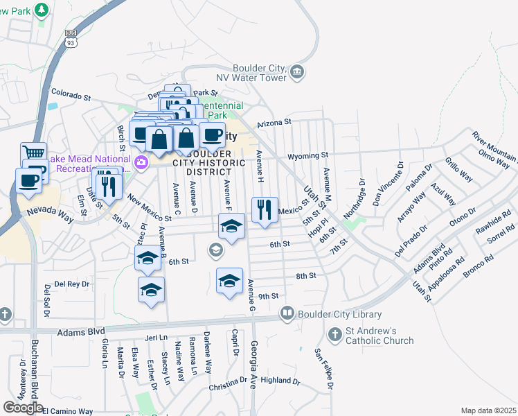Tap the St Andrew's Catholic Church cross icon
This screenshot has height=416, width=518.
coord(335,336)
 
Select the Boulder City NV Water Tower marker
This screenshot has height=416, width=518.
coord(297,71)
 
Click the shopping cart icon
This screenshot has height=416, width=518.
coord(33,153)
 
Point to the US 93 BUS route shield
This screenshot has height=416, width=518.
coord(71,38)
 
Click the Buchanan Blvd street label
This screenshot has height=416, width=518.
coord(33,374)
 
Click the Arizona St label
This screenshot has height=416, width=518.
coord(274,123)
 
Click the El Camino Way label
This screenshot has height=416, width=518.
coord(67,411)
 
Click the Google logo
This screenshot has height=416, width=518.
coord(23,408)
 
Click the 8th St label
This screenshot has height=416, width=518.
coord(306,276)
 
